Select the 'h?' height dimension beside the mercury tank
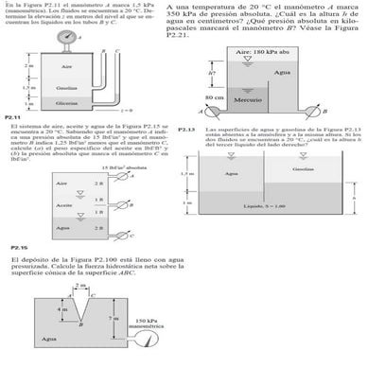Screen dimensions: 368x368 tap(213, 72)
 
